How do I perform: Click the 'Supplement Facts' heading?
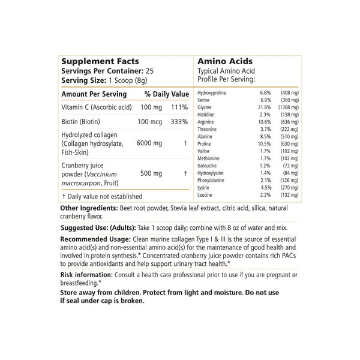click(100, 61)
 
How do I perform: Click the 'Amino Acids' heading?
click(225, 61)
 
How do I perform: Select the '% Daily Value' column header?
click(167, 94)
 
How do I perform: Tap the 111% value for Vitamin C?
click(180, 107)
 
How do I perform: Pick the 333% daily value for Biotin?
click(180, 122)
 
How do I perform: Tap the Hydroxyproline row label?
click(214, 93)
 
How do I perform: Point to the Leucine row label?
click(206, 194)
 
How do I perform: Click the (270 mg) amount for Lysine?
click(290, 187)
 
